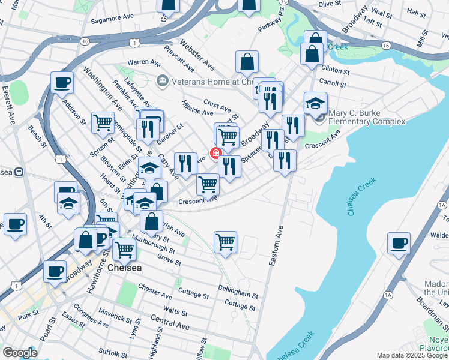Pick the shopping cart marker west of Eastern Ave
coord(225,242)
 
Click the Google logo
coord(20,353)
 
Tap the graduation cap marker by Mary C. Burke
coord(315,103)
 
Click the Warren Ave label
coord(143,62)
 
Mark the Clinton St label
coord(335,70)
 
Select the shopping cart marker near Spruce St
coord(103,122)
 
